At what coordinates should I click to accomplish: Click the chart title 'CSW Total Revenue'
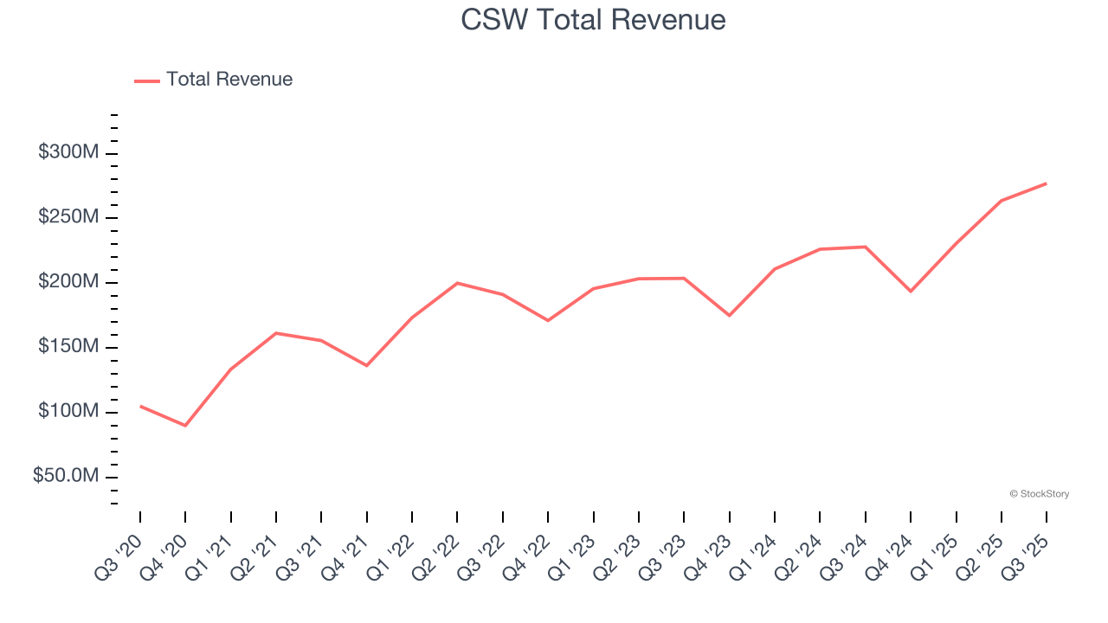(593, 19)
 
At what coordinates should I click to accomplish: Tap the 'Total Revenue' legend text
(229, 80)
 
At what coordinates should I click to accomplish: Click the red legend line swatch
(147, 80)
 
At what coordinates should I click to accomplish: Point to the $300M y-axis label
(68, 152)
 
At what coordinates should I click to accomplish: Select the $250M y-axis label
(68, 217)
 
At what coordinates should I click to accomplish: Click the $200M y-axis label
(68, 282)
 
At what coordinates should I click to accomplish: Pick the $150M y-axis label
(68, 347)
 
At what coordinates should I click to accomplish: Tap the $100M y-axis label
(68, 412)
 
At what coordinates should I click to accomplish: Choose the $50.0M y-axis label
(66, 477)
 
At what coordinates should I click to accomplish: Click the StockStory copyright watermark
(1039, 494)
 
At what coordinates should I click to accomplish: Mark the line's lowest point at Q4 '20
(185, 426)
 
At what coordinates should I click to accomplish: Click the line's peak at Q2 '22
(457, 283)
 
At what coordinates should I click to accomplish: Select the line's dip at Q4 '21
(366, 365)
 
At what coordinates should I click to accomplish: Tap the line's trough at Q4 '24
(911, 292)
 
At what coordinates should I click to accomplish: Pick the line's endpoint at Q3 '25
(1047, 183)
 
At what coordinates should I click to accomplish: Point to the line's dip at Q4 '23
(729, 315)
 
